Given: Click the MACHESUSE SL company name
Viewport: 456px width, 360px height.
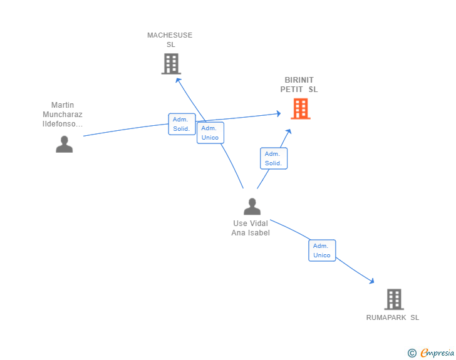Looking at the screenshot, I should pos(170,40).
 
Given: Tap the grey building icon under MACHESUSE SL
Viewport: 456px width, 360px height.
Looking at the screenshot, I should pos(171,63).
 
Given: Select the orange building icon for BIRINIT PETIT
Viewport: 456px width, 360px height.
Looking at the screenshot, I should pos(301,109).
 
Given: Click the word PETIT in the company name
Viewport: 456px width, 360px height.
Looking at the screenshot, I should pos(292,90).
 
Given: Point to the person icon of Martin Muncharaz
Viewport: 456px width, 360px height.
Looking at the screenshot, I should pos(64,144).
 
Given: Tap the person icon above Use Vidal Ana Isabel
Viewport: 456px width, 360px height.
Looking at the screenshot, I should pos(252,206).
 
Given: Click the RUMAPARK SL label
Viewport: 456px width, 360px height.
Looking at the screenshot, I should pos(393,317).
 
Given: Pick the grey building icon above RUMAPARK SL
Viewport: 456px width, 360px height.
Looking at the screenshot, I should pos(393,299).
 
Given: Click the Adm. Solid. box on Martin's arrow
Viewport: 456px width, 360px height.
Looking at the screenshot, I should pos(182,124).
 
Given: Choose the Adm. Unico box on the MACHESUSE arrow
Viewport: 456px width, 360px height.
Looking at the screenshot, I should pos(210,133).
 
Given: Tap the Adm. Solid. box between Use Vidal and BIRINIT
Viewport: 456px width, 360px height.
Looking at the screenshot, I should pos(274,158).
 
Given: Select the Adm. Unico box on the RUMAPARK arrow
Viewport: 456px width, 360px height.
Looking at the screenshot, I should pos(322,250).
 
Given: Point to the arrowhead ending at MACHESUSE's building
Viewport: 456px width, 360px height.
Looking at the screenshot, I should pos(178,80).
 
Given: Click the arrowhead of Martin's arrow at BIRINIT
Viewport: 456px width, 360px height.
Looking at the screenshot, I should pos(279,113).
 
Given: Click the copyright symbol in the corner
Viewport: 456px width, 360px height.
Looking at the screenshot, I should pos(412,353).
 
